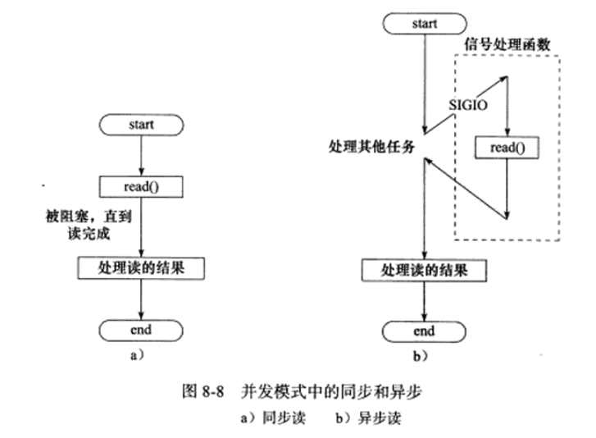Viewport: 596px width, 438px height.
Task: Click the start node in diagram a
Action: (x=143, y=125)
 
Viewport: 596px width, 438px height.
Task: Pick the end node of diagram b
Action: (x=423, y=331)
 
